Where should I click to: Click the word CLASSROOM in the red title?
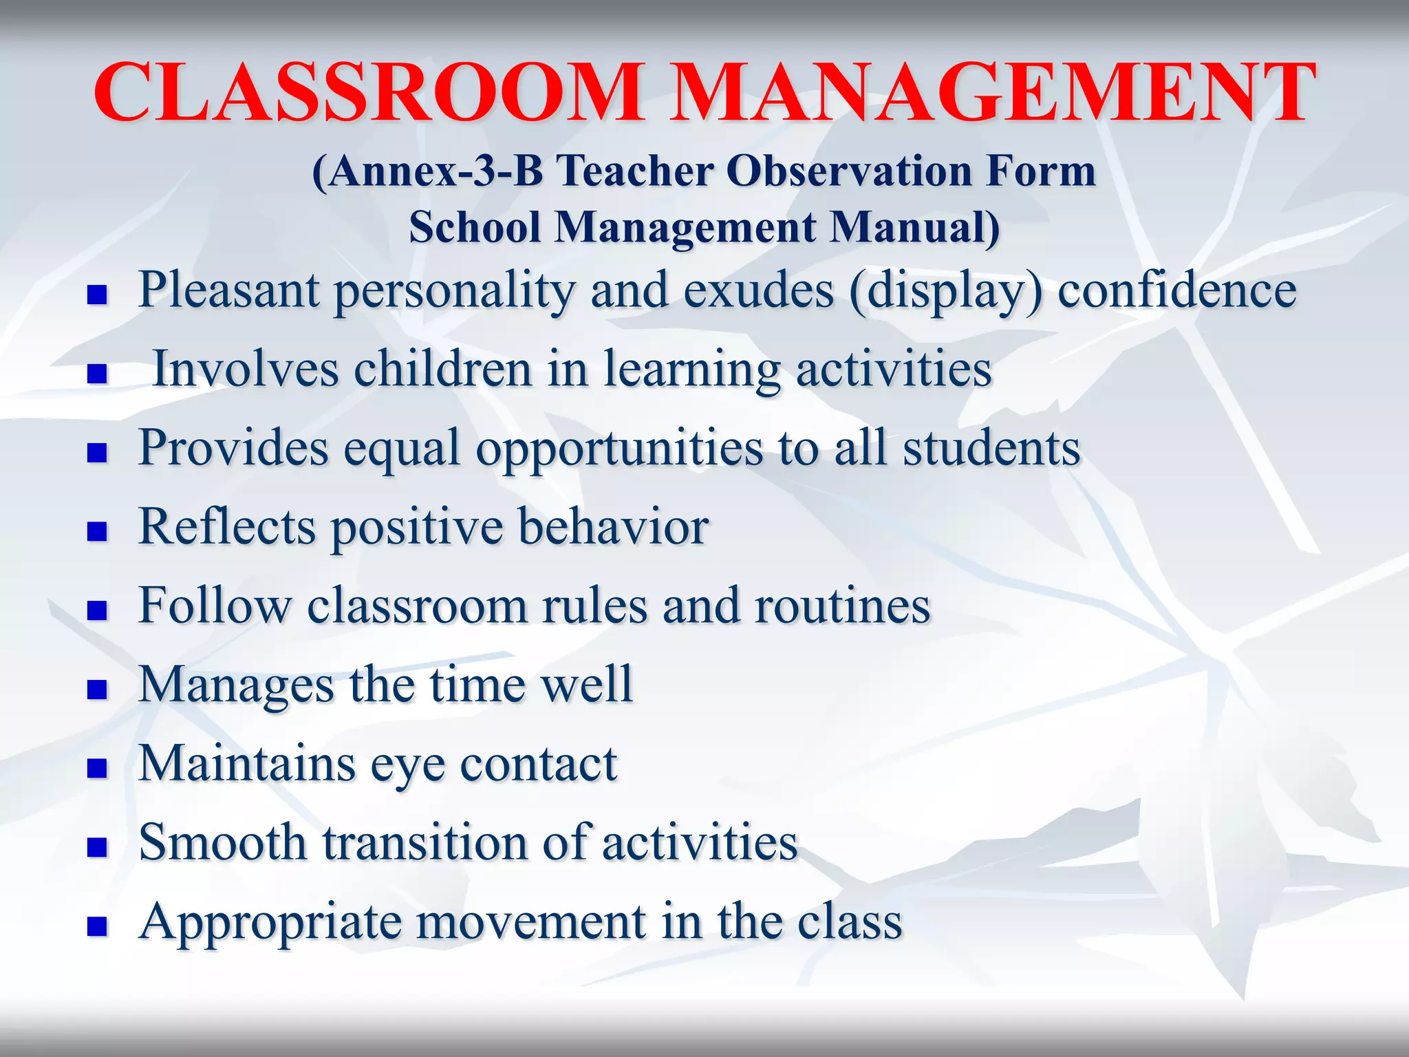click(x=368, y=93)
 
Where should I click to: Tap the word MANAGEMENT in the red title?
click(x=991, y=93)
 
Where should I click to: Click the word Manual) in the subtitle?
click(x=915, y=227)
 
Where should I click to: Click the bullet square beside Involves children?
click(x=97, y=374)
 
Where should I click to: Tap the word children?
click(x=443, y=369)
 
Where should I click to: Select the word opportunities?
click(x=619, y=449)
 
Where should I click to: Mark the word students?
click(x=991, y=448)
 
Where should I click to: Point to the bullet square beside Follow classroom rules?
click(x=97, y=610)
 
